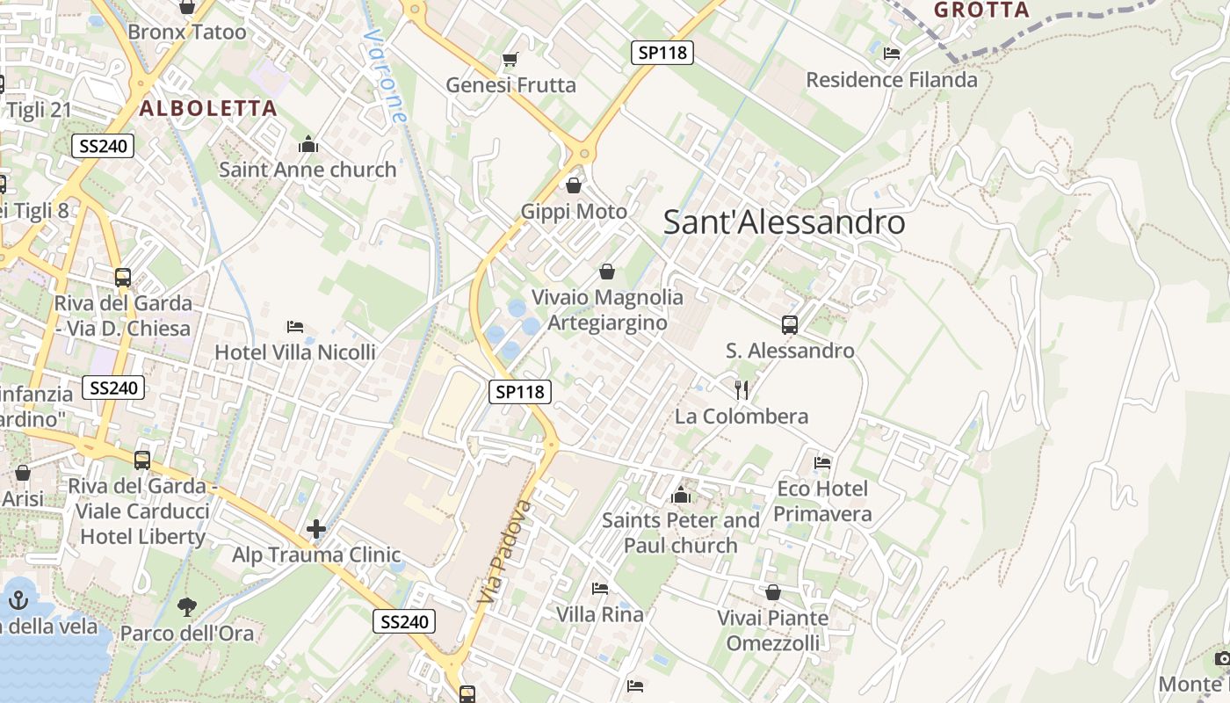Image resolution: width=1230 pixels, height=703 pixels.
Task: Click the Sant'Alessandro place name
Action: coord(784,222)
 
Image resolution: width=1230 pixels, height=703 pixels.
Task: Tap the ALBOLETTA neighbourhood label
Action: coord(208,109)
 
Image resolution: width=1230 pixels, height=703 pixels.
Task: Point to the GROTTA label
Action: coord(981,11)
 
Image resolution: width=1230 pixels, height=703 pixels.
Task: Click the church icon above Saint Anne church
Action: coord(308,144)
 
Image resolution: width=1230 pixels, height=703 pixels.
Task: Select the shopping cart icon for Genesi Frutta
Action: coord(510,60)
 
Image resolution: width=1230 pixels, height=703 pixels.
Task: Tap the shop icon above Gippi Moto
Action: coord(574,185)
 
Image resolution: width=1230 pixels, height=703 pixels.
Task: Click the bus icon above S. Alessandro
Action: coord(790,325)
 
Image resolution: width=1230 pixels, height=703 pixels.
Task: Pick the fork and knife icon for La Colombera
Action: coord(742,389)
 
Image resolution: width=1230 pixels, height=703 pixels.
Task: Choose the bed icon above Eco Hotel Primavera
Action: coord(822,462)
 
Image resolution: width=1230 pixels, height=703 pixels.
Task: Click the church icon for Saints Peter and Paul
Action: coord(680,495)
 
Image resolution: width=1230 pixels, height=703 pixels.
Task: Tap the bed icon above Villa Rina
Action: coord(600,588)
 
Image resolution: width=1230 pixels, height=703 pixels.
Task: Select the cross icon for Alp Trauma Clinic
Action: coord(316,529)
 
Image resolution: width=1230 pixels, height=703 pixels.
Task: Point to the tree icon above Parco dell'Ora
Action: coord(186,605)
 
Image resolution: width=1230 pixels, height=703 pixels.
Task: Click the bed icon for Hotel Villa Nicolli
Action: coord(295,327)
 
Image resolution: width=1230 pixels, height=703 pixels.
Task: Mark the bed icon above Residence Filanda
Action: coord(892,54)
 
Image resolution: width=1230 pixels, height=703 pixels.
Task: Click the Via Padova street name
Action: coord(506,552)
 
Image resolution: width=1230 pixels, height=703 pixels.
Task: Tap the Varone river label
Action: coord(386,76)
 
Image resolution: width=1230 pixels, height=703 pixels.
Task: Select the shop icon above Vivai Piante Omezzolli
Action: coord(773,592)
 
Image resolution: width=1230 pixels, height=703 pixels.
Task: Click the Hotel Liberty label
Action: coord(142,536)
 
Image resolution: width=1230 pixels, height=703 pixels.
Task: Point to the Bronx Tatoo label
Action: coord(187,33)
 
